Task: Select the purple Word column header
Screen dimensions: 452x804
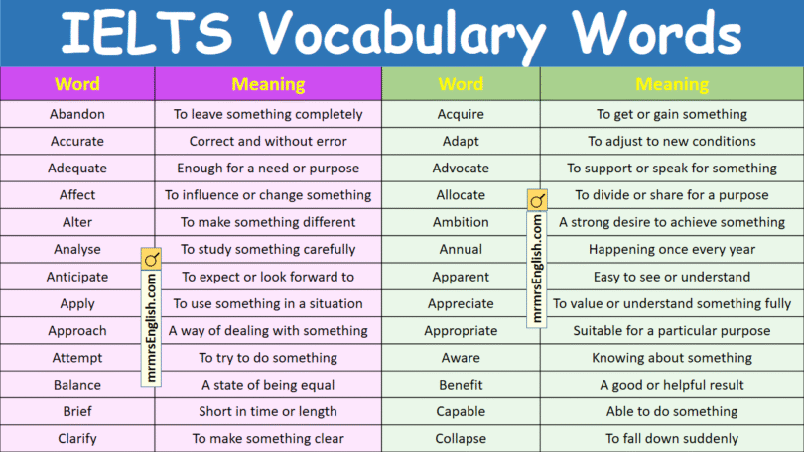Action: tap(77, 84)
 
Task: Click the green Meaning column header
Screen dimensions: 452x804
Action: tap(672, 84)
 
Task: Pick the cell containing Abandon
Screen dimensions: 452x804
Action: tap(77, 115)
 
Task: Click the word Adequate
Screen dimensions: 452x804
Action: tap(77, 169)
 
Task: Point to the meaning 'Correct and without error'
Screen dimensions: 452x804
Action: tap(268, 142)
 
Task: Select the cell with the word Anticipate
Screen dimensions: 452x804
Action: tap(77, 277)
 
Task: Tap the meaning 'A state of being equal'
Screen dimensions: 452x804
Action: tap(268, 385)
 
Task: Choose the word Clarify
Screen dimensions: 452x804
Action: tap(77, 438)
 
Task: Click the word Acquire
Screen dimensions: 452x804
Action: tap(461, 115)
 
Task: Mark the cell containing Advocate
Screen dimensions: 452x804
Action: tap(461, 169)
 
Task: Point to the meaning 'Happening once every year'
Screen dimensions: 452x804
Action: tap(672, 250)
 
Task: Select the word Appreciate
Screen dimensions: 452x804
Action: tap(461, 303)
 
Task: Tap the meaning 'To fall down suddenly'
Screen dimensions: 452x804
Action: tap(672, 438)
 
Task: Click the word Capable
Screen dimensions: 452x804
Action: tap(461, 411)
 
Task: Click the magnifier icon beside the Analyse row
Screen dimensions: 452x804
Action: tap(152, 260)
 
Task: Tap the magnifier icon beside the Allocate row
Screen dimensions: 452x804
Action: tap(537, 202)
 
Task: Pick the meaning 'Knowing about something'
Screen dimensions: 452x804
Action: tap(672, 358)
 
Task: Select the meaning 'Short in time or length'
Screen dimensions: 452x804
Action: tap(268, 411)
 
